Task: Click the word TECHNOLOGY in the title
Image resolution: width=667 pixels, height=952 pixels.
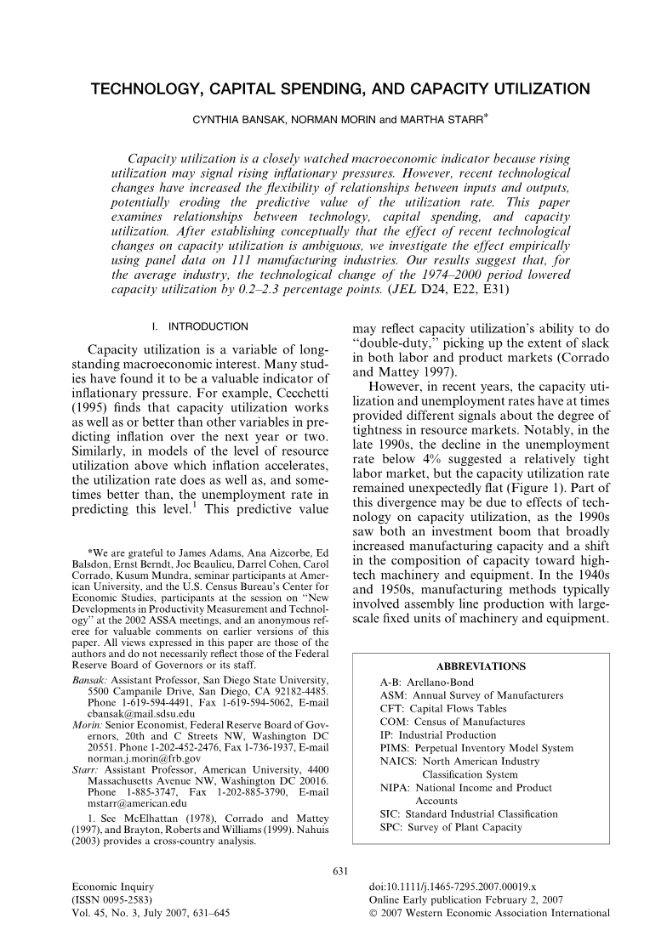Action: coord(148,89)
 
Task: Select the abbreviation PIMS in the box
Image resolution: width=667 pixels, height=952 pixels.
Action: coord(392,749)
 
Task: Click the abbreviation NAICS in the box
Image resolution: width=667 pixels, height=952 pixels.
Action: coord(396,762)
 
